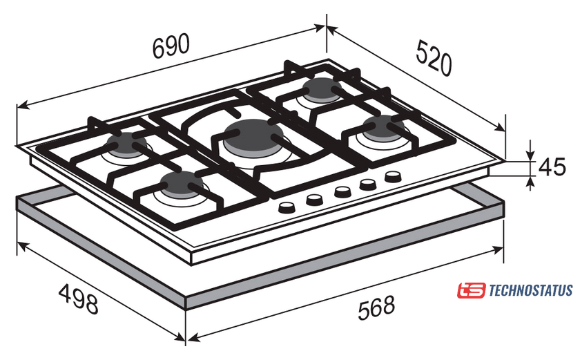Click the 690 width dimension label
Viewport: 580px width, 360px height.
(x=171, y=46)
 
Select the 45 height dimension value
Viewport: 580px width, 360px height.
(x=552, y=167)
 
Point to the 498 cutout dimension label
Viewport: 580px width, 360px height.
(x=79, y=299)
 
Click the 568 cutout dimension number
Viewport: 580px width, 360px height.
(x=376, y=307)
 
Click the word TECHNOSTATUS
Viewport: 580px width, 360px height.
(x=531, y=290)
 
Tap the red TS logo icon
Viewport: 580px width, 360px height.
(x=471, y=290)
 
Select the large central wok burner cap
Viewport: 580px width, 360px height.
(x=253, y=136)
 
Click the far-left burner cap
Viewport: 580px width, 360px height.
(x=126, y=144)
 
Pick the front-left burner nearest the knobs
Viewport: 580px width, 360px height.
(x=181, y=184)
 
